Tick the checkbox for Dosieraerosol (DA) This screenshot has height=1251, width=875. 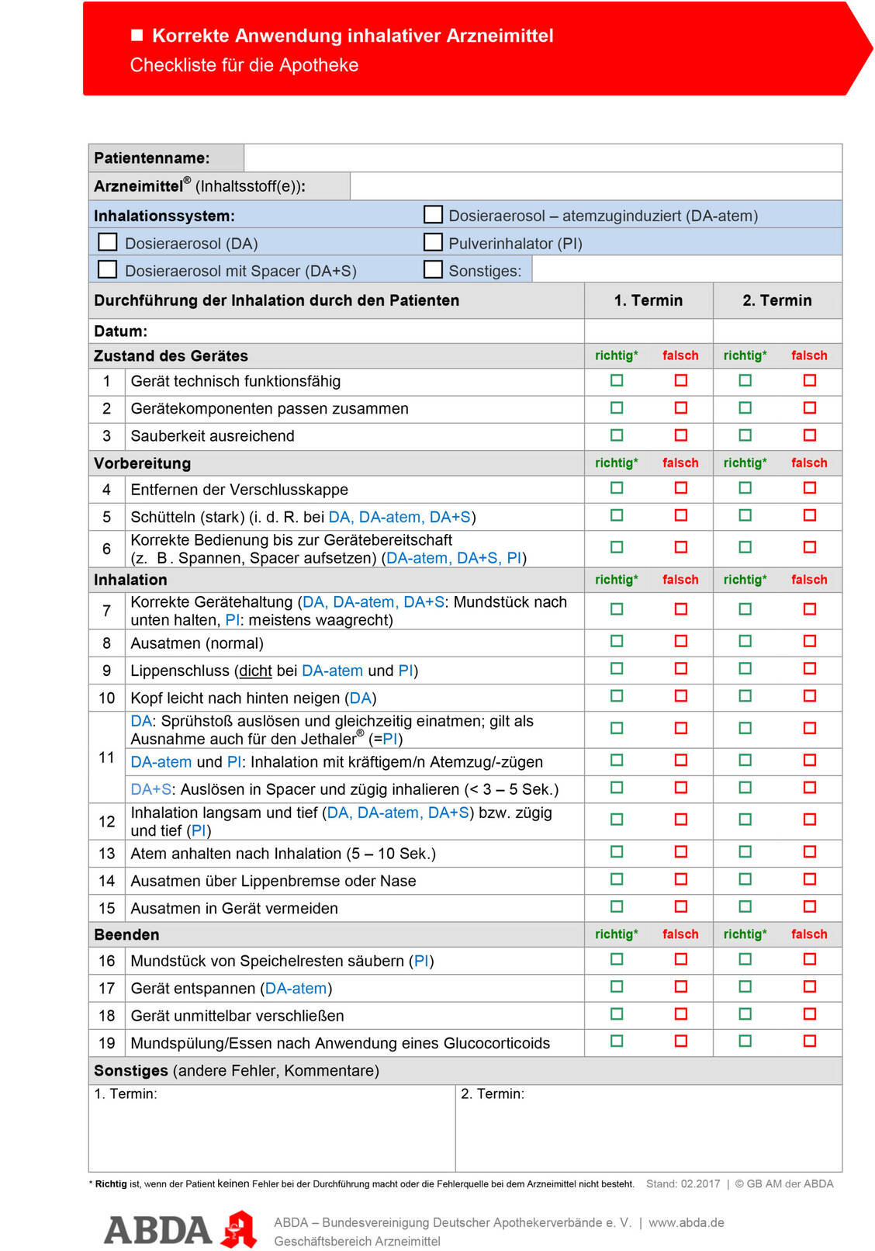click(108, 242)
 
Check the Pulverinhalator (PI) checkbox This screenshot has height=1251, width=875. click(433, 242)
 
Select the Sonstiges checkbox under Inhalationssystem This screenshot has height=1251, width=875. click(433, 269)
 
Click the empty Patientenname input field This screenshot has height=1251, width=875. click(542, 158)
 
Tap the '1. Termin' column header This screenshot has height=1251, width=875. click(648, 300)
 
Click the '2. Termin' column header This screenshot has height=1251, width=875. click(776, 300)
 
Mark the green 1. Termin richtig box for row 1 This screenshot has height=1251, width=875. click(617, 380)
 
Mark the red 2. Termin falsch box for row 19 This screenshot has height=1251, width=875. click(810, 1041)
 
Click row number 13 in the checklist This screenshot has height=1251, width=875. click(107, 854)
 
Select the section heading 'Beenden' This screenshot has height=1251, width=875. click(126, 934)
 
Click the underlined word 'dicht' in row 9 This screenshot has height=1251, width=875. click(255, 671)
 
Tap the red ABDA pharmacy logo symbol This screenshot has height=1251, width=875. click(240, 1228)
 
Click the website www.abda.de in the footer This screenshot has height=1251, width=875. click(687, 1222)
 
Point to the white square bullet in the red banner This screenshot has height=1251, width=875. click(137, 35)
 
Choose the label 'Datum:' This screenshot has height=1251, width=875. click(120, 331)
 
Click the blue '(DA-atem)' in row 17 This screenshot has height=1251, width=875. click(296, 989)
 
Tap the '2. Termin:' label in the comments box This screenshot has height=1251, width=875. click(493, 1093)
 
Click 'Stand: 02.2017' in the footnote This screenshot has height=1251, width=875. click(683, 1183)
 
